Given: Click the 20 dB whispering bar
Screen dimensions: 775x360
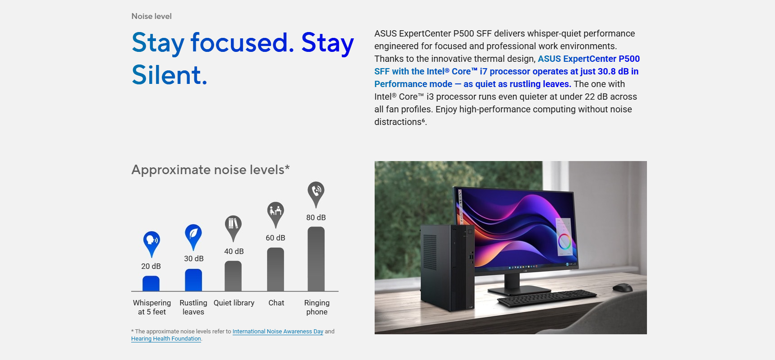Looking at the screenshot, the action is [151, 283].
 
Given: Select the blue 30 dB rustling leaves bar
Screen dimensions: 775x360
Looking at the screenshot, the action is [193, 280].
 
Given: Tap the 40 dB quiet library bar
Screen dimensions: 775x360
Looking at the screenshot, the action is [233, 276].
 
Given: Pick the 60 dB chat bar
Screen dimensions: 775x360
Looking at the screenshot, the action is [275, 269].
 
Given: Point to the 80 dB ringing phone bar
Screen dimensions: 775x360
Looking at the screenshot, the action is [316, 259].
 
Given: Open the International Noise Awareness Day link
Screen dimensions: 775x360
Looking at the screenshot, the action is [278, 332].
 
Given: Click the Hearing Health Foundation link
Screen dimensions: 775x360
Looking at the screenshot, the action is [166, 339].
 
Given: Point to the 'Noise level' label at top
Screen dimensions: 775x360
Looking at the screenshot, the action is [151, 16].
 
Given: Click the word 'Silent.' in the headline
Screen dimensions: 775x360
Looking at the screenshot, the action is [170, 75].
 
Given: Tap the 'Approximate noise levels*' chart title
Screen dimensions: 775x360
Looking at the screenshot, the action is [211, 170].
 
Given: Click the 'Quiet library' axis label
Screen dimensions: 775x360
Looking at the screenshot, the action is [234, 303].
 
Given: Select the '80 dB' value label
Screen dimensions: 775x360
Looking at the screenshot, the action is [316, 217].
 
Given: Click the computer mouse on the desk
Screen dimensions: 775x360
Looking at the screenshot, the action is [623, 287].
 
